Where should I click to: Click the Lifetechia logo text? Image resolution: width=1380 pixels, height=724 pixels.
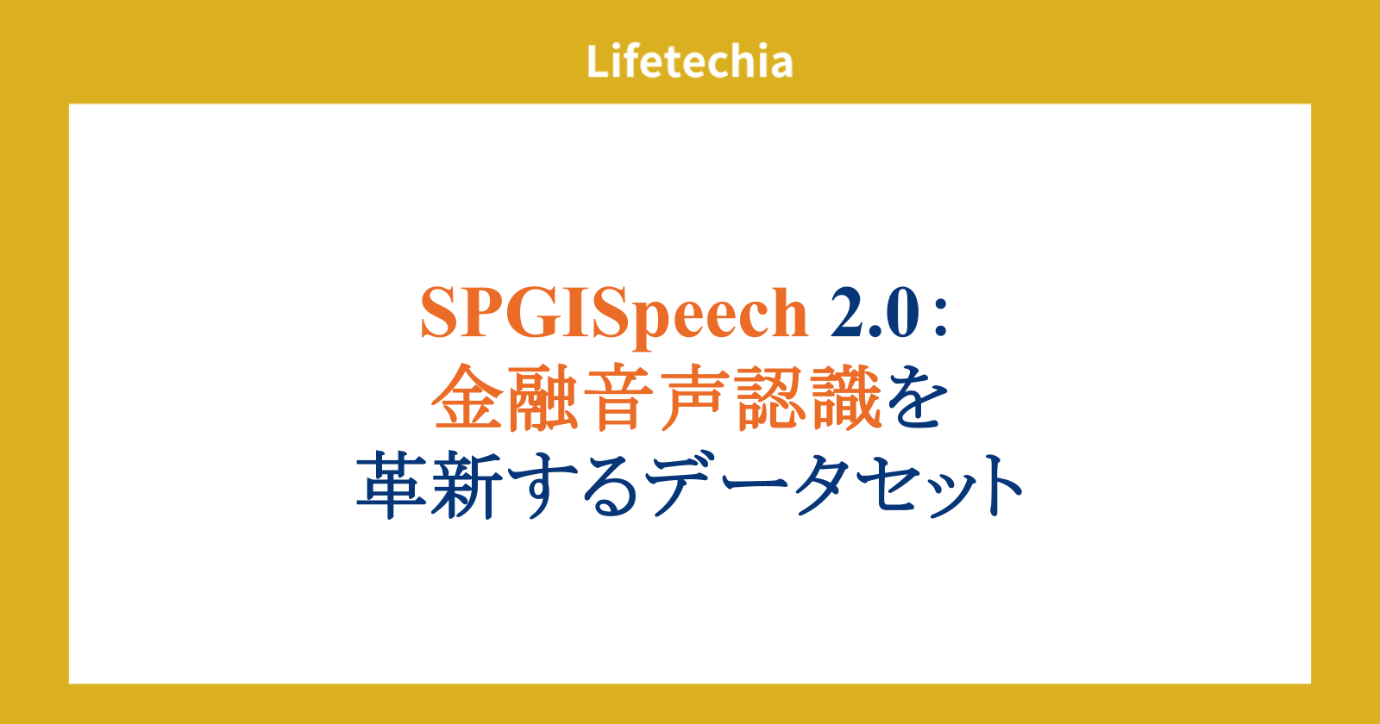click(x=689, y=61)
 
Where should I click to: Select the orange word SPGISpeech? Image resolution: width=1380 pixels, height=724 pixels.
click(x=613, y=314)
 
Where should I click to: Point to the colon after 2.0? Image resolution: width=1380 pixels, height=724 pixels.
click(x=940, y=320)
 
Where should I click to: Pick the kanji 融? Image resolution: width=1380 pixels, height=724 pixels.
click(x=543, y=397)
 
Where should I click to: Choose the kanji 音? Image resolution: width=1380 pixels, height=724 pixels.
click(x=619, y=397)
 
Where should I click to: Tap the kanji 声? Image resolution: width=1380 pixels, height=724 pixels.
click(x=694, y=397)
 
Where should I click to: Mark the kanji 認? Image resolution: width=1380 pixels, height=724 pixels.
click(x=770, y=397)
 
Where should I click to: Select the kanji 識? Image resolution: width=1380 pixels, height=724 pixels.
click(x=846, y=397)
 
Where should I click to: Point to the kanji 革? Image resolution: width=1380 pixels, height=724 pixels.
click(x=392, y=485)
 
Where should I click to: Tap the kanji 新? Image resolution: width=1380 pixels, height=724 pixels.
click(x=467, y=485)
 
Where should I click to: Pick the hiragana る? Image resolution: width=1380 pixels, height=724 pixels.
click(x=610, y=486)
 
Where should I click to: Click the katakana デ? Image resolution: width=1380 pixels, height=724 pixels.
click(x=684, y=485)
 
